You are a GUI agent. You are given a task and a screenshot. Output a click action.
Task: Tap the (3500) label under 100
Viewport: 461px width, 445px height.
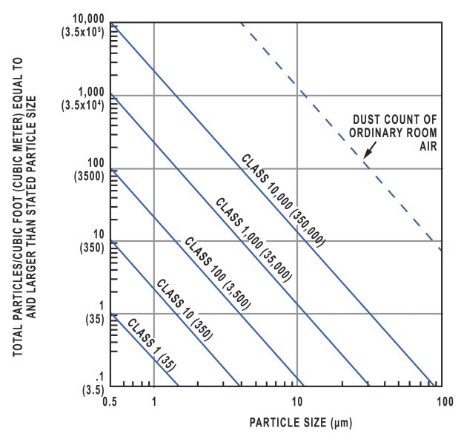tap(89, 177)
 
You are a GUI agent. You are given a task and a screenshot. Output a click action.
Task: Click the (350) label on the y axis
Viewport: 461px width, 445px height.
tap(91, 249)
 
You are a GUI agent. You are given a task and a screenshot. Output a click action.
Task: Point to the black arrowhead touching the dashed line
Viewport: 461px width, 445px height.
tap(365, 156)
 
